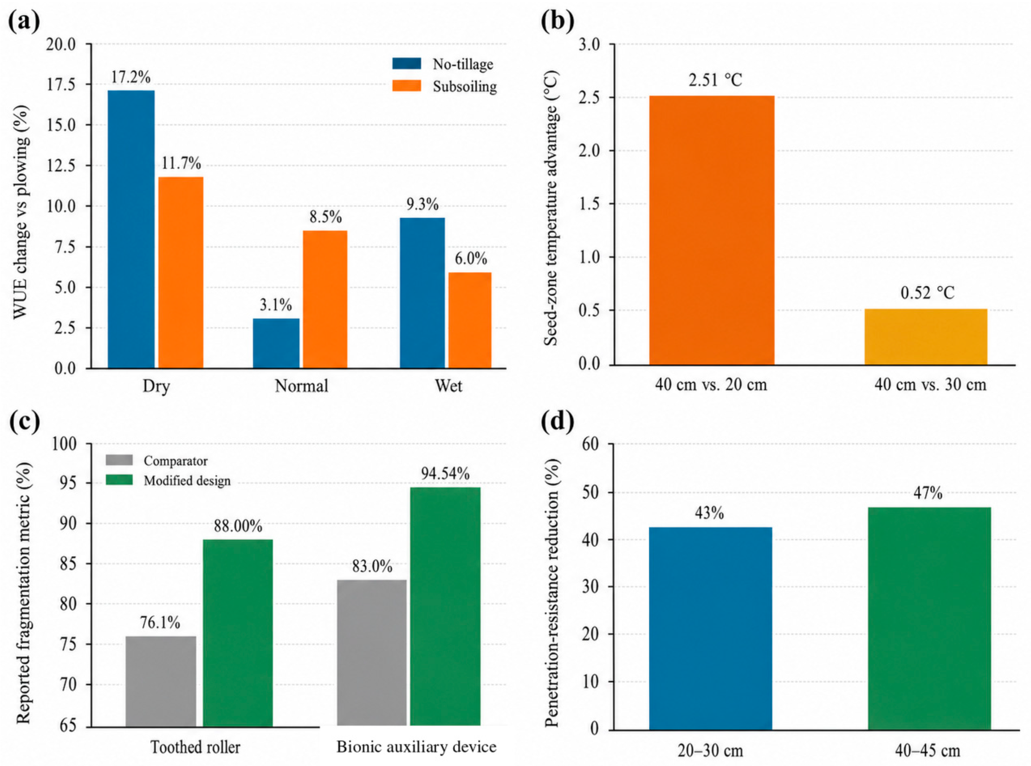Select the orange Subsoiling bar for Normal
pos(325,300)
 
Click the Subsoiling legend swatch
pos(406,86)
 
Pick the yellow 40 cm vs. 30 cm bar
pos(926,337)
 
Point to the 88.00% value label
pos(238,526)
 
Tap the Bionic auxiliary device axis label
pos(416,747)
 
